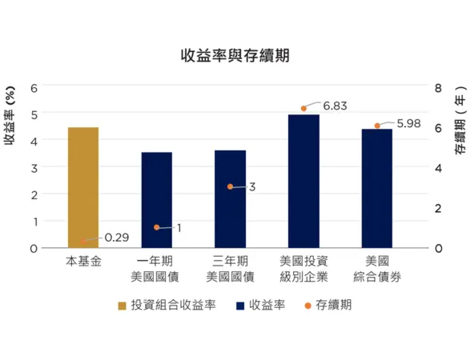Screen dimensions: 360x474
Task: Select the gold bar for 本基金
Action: [83, 188]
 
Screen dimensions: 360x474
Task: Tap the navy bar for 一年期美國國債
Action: [157, 200]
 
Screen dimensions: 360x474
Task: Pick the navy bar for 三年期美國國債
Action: [230, 199]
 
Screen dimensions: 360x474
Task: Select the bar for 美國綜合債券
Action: [377, 189]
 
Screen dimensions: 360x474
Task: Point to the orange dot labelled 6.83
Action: [304, 108]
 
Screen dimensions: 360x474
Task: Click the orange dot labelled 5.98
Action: [378, 126]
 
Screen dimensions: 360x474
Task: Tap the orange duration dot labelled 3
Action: [231, 186]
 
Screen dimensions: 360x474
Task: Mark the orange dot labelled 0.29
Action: [83, 242]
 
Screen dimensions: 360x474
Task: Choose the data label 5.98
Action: [408, 123]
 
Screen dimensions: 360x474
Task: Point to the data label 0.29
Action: [117, 238]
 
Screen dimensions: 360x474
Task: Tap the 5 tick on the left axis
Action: [34, 114]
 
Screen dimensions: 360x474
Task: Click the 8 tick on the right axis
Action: [439, 87]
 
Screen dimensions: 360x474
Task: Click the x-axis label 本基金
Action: [83, 261]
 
